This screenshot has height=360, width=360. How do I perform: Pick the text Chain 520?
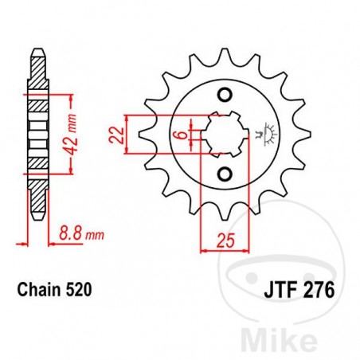[53, 292]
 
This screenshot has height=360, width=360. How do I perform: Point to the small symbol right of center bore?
[264, 135]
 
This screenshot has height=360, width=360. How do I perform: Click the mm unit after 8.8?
[95, 236]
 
